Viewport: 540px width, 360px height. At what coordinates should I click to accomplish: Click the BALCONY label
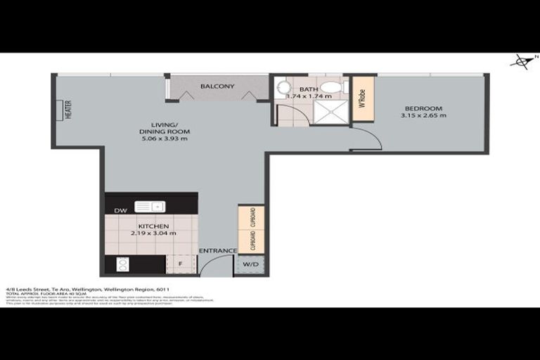point(217,86)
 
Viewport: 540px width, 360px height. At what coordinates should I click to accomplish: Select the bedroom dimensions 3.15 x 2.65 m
point(423,115)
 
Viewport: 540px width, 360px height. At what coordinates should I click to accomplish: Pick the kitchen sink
point(150,206)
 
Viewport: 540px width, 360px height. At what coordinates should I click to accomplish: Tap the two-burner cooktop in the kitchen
point(122,265)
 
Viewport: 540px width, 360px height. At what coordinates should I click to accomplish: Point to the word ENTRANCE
point(217,251)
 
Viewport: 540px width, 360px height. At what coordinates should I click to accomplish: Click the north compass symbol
point(522,62)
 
